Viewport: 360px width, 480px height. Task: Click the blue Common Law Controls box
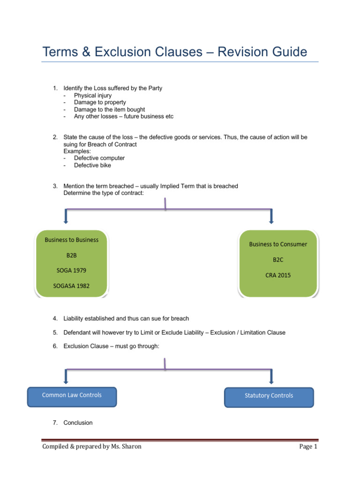click(x=72, y=397)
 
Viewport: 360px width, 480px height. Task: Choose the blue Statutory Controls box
click(x=269, y=397)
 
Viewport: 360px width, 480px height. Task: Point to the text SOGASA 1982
click(x=72, y=286)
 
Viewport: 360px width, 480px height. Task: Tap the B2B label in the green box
click(x=72, y=255)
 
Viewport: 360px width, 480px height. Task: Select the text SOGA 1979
click(x=72, y=270)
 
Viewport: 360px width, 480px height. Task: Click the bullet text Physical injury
click(x=92, y=95)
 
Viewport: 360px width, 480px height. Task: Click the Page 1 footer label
click(x=308, y=446)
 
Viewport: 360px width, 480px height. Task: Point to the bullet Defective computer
click(x=99, y=158)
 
